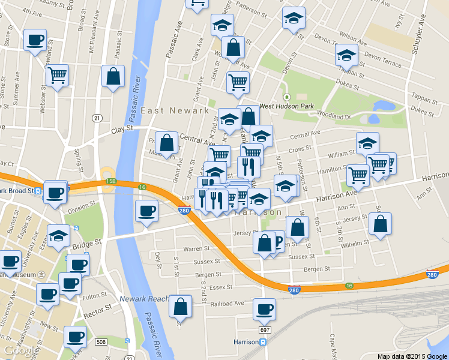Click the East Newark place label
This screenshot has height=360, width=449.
(x=175, y=110)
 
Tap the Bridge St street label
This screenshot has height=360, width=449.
(x=85, y=245)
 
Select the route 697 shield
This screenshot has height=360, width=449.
(x=265, y=330)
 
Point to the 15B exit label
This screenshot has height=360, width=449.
(x=110, y=181)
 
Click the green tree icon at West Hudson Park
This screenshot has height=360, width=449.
(x=287, y=97)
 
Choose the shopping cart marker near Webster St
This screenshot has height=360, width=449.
(x=57, y=76)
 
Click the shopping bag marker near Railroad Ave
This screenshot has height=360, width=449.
(x=180, y=306)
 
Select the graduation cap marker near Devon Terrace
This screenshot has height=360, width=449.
(x=346, y=55)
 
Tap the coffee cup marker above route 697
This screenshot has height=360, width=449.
(x=264, y=309)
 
